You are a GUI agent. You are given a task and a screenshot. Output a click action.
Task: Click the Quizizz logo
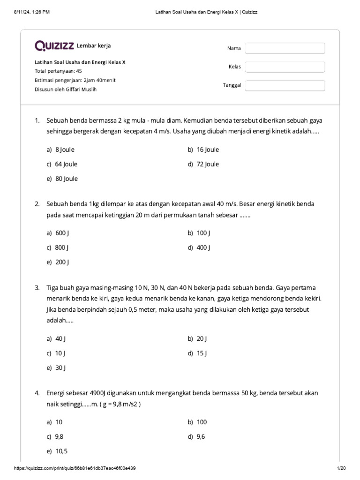click(54, 46)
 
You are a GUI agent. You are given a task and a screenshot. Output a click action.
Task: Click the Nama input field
click(285, 48)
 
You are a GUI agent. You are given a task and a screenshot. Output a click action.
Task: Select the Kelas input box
click(285, 67)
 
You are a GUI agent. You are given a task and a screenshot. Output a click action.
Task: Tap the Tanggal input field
click(285, 85)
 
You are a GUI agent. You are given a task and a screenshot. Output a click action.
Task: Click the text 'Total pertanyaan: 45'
click(58, 71)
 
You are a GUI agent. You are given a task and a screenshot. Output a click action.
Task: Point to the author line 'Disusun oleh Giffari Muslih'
click(65, 89)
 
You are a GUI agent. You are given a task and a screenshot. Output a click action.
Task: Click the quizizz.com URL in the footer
click(75, 468)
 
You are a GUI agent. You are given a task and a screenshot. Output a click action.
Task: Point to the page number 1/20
click(341, 468)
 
